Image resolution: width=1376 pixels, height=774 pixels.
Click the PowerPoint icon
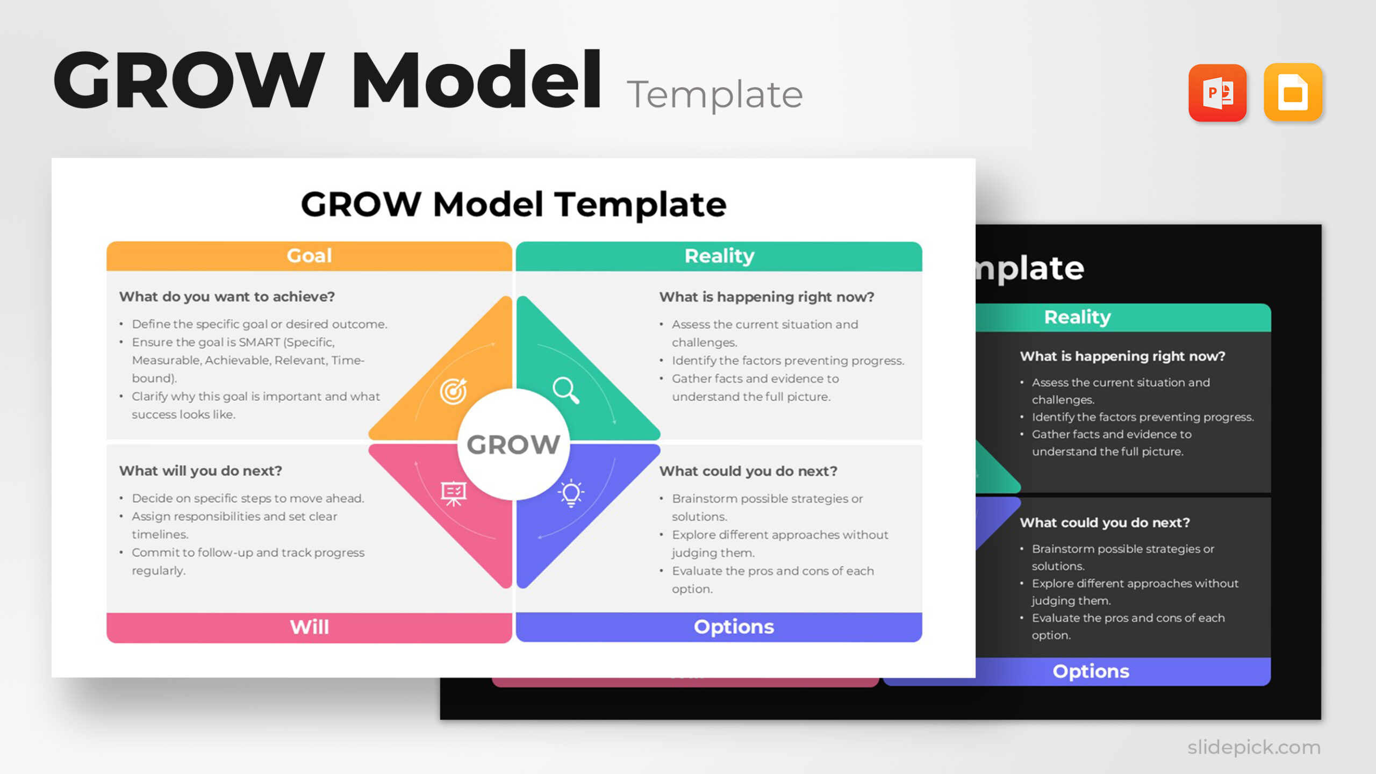coord(1217,93)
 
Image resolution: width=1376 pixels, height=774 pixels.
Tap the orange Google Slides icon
coord(1292,93)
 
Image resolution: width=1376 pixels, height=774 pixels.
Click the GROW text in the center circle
coord(513,445)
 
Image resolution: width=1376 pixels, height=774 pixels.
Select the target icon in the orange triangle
coord(453,391)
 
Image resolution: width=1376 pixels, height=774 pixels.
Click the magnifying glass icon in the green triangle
coord(566,390)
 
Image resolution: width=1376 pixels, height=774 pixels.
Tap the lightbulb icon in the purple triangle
coord(571,493)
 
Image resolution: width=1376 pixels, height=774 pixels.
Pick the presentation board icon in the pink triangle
coord(454,493)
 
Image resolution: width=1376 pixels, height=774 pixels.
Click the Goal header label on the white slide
coord(309,256)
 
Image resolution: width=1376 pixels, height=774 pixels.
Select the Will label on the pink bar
coord(309,627)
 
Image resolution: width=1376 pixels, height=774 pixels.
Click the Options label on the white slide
coord(734,627)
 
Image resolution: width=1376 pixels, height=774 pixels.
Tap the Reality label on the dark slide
coord(1077,317)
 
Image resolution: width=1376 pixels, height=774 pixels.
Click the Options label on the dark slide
coord(1091,671)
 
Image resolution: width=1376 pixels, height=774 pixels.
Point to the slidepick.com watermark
coord(1253,747)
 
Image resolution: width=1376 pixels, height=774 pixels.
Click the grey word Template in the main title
coord(714,95)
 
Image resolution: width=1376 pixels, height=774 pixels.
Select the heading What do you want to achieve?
coord(227,297)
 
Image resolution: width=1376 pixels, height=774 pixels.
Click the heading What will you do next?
coord(200,471)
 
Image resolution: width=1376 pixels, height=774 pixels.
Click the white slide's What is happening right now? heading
coord(766,297)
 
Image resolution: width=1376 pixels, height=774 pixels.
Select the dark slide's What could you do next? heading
coord(1105,522)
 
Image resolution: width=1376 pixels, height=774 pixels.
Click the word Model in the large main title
coord(476,81)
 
